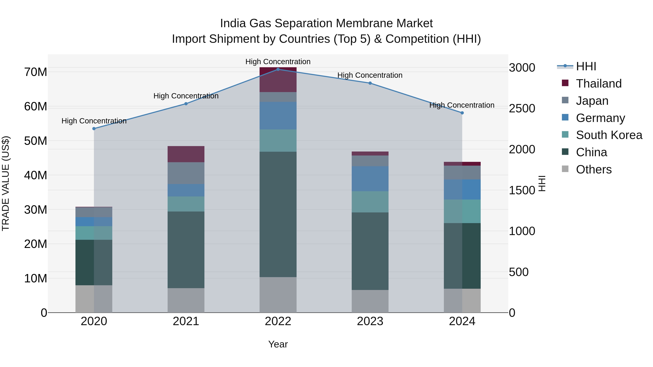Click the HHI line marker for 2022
point(278,69)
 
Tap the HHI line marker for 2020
point(94,128)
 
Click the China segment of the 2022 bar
point(278,214)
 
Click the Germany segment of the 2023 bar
point(370,179)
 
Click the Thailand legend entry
point(599,84)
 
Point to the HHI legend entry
point(586,66)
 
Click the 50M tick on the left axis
point(36,141)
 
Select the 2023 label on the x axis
point(370,321)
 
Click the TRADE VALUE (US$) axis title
point(6,183)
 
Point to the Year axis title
point(278,344)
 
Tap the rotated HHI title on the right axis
point(542,183)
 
